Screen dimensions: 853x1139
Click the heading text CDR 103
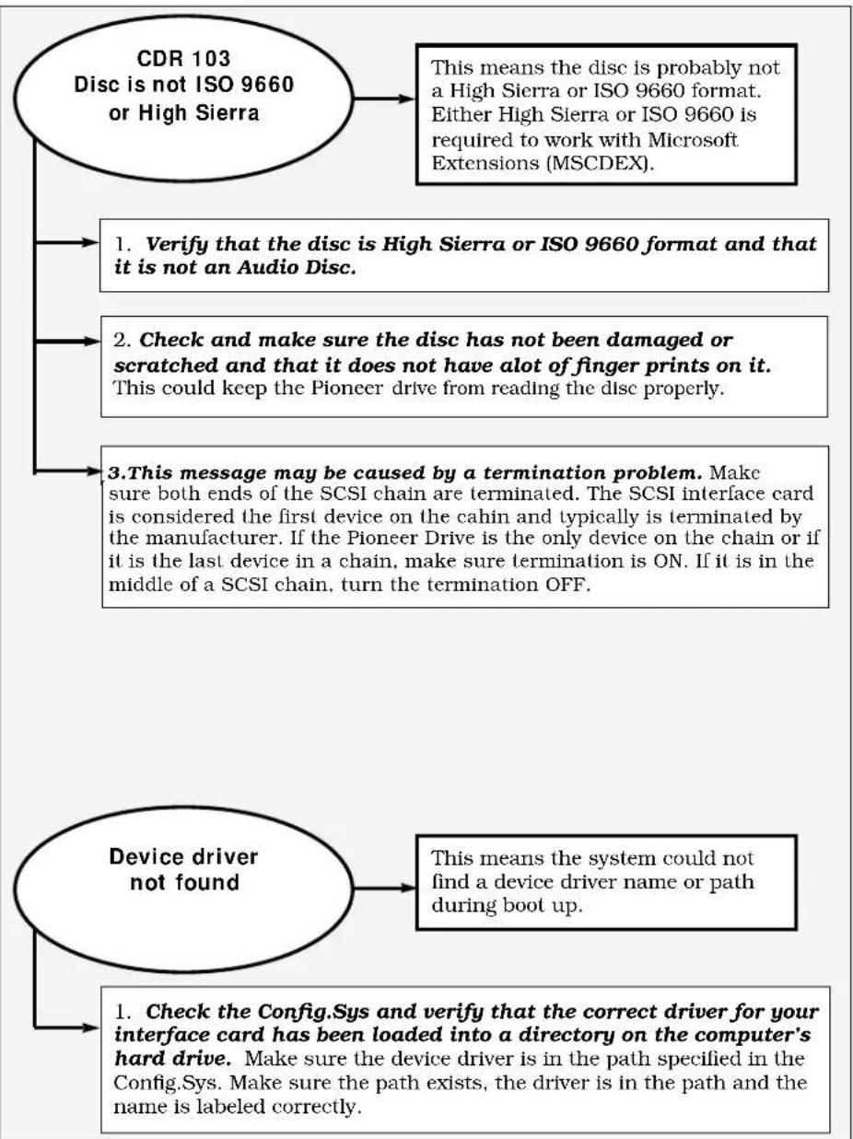coord(183,58)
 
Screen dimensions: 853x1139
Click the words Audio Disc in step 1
coord(297,268)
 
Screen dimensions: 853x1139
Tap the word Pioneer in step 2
coord(346,389)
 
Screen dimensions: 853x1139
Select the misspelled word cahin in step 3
coord(484,517)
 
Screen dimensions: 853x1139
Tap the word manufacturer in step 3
coord(214,538)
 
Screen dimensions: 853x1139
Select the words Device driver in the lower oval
coord(183,856)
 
